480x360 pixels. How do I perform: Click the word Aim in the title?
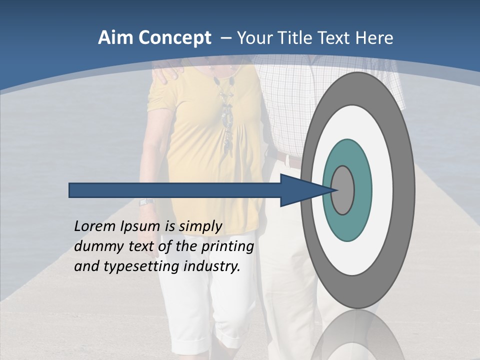[x=116, y=38]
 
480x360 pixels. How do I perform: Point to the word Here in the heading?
[x=374, y=38]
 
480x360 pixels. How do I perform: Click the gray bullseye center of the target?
[x=343, y=190]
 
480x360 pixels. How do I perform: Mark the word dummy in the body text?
[x=95, y=246]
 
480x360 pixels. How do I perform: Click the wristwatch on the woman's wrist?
[x=145, y=202]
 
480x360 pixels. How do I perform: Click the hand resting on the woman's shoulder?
[x=167, y=73]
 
